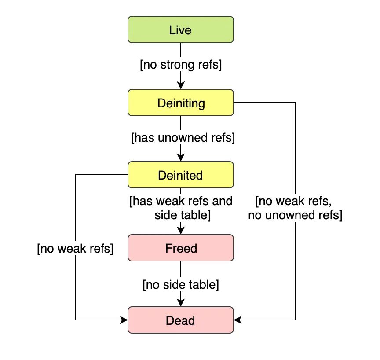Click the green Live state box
(x=180, y=30)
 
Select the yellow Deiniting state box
(x=180, y=103)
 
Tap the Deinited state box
(x=180, y=175)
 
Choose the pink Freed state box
(x=180, y=248)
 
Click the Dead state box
(x=180, y=320)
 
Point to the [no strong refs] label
(x=180, y=65)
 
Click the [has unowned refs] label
(x=183, y=138)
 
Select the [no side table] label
(x=180, y=284)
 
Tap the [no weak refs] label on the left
(x=75, y=249)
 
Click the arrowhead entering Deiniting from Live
(x=180, y=86)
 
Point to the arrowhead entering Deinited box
(x=180, y=158)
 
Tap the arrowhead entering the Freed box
(x=180, y=231)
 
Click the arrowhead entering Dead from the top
(x=180, y=303)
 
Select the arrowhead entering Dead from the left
(x=124, y=320)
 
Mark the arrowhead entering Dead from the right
(x=237, y=320)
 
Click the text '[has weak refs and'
(x=180, y=202)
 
